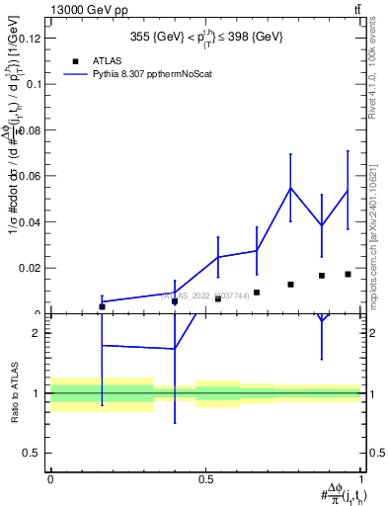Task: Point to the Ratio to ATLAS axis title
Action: tap(15, 392)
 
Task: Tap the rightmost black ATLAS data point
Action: tap(348, 274)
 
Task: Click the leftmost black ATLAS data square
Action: tap(102, 306)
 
